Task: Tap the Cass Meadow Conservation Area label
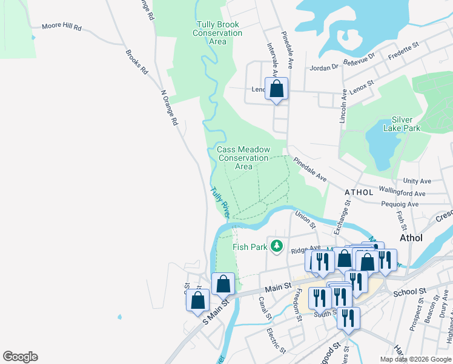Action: pyautogui.click(x=243, y=158)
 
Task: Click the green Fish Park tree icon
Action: pyautogui.click(x=277, y=246)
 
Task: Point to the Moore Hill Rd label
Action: pyautogui.click(x=61, y=27)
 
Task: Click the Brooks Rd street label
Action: pyautogui.click(x=136, y=61)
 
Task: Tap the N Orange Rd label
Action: pyautogui.click(x=169, y=108)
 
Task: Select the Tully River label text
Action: pyautogui.click(x=220, y=202)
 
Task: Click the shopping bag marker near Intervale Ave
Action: pyautogui.click(x=276, y=89)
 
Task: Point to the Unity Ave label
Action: pyautogui.click(x=417, y=181)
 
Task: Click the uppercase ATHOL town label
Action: pyautogui.click(x=360, y=192)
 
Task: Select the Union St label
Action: pyautogui.click(x=305, y=219)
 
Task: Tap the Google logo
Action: pyautogui.click(x=20, y=357)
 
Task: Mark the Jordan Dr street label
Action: pyautogui.click(x=323, y=67)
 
